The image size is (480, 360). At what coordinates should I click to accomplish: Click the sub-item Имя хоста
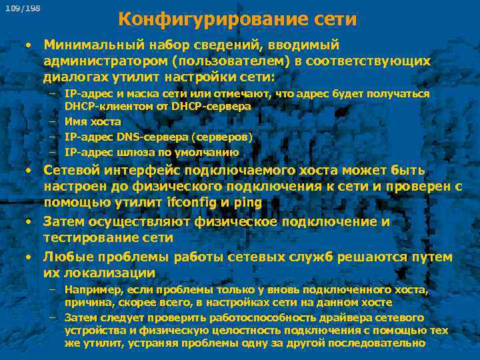93,121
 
